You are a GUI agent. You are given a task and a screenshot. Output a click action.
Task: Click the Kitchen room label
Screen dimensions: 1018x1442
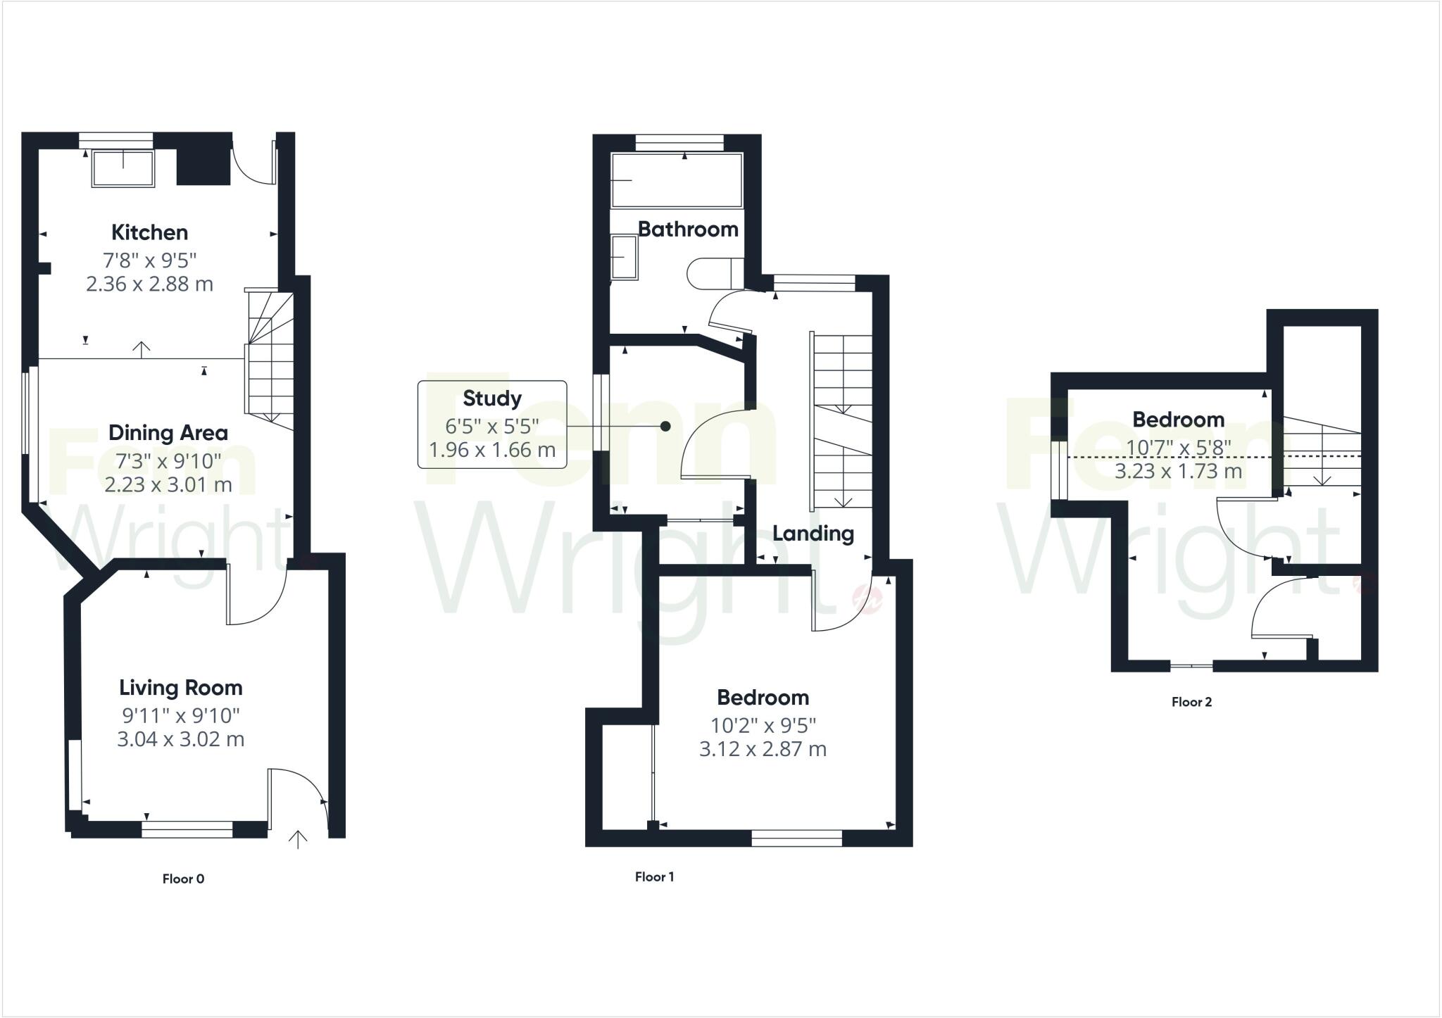coord(149,232)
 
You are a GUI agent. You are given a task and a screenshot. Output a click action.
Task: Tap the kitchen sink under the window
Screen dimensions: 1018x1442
coord(123,169)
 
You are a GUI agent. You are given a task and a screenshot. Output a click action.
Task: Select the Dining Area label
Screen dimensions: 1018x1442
coord(168,433)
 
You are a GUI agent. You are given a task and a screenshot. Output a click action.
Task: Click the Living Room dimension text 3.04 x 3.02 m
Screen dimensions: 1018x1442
coord(180,739)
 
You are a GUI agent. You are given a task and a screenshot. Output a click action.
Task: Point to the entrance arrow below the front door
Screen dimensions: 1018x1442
coord(298,839)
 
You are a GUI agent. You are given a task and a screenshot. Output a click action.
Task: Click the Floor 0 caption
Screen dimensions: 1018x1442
coord(183,879)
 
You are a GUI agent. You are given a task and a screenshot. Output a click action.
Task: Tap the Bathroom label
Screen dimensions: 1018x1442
coord(688,229)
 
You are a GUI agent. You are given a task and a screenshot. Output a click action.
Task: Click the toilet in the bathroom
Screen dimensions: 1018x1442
coord(713,274)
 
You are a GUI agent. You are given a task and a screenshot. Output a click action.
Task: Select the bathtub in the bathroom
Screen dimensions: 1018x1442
coord(677,180)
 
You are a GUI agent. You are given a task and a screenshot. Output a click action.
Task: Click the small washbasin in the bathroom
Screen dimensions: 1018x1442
coord(623,258)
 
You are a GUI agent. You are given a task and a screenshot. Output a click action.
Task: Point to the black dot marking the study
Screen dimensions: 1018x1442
coord(665,427)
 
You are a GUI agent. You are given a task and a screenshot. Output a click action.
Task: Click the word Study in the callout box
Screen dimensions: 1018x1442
coord(491,398)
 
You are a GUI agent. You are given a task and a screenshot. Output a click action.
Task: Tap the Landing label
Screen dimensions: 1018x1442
coord(813,534)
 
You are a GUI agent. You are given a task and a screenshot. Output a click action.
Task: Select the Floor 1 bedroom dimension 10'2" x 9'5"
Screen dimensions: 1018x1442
coord(763,725)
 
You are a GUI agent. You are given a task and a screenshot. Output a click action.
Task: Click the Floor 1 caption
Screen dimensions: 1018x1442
coord(654,876)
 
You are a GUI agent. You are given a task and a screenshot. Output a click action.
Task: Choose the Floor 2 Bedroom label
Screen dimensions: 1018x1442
coord(1177,420)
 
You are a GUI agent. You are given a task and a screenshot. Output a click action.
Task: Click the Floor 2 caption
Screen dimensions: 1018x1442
coord(1191,702)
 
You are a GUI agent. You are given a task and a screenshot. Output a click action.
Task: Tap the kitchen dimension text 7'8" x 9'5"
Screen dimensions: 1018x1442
coord(149,260)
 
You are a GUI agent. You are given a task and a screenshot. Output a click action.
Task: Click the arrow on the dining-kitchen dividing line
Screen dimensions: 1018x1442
coord(142,350)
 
